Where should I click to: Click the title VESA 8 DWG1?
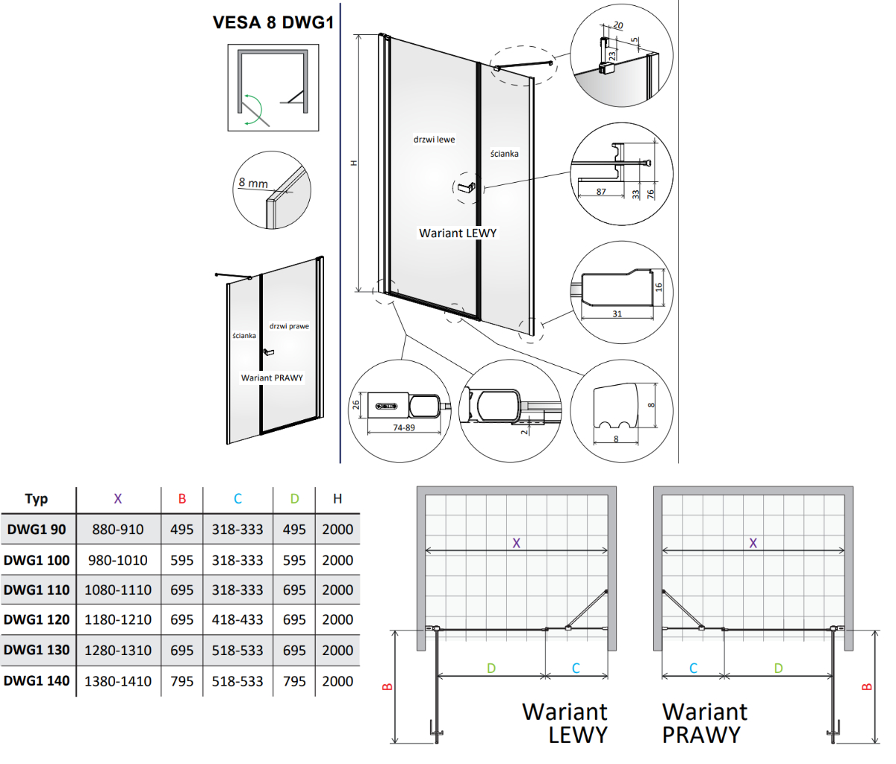pos(273,22)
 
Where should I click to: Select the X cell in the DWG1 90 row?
pos(118,529)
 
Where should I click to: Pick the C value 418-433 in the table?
pos(237,620)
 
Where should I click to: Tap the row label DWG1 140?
pos(37,681)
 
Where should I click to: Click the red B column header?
pos(182,499)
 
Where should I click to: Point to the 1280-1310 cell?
pos(118,651)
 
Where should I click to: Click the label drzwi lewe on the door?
pos(434,140)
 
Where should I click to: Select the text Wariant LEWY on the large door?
pos(458,233)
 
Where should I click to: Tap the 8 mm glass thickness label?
pos(253,183)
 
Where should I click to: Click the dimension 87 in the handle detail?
pos(601,192)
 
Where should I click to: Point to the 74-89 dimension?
pos(404,428)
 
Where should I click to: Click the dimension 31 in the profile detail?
pos(617,314)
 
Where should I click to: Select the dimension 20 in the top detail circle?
pos(618,25)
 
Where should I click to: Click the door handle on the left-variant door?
pos(464,187)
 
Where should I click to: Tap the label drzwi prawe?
pos(289,326)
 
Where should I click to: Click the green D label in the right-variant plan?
pos(779,668)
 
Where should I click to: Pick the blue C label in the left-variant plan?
pos(576,668)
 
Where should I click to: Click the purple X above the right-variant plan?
pos(753,543)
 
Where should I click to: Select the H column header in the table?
pos(337,499)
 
